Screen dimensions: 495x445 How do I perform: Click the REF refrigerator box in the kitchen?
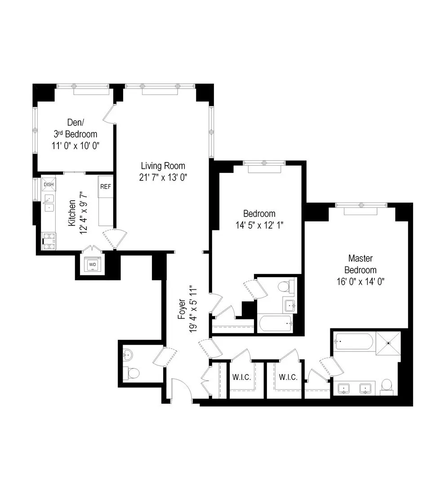coord(105,186)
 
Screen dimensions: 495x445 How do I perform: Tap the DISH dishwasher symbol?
coord(48,184)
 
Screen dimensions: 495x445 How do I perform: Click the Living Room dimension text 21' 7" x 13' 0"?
coord(163,177)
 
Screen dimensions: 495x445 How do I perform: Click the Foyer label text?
coord(182,310)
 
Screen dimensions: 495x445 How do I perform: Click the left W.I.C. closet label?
coord(242,377)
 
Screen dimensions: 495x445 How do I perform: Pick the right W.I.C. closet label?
coord(288,377)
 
